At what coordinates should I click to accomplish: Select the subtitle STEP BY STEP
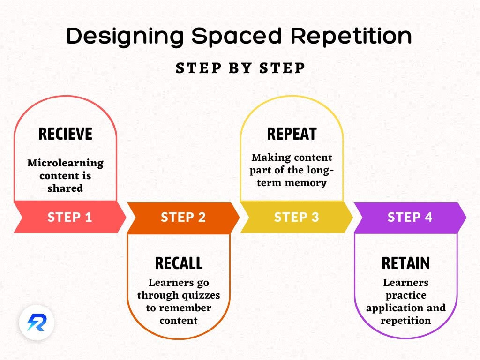tap(240, 68)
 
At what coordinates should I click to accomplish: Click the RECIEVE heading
tap(65, 134)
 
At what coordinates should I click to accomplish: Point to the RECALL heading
tap(179, 263)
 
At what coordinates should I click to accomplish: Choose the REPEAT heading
tap(291, 134)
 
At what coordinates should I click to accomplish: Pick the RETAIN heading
tap(405, 263)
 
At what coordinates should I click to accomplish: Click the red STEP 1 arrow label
tap(70, 217)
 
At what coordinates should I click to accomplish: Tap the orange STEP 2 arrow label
tap(183, 217)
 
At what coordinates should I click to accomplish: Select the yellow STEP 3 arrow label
tap(296, 217)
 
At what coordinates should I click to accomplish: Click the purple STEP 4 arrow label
tap(410, 217)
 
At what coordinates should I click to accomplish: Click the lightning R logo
tap(37, 323)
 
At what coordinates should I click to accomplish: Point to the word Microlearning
tap(65, 164)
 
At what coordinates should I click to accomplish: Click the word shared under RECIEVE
tap(65, 188)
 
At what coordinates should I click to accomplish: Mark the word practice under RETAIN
tap(405, 295)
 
